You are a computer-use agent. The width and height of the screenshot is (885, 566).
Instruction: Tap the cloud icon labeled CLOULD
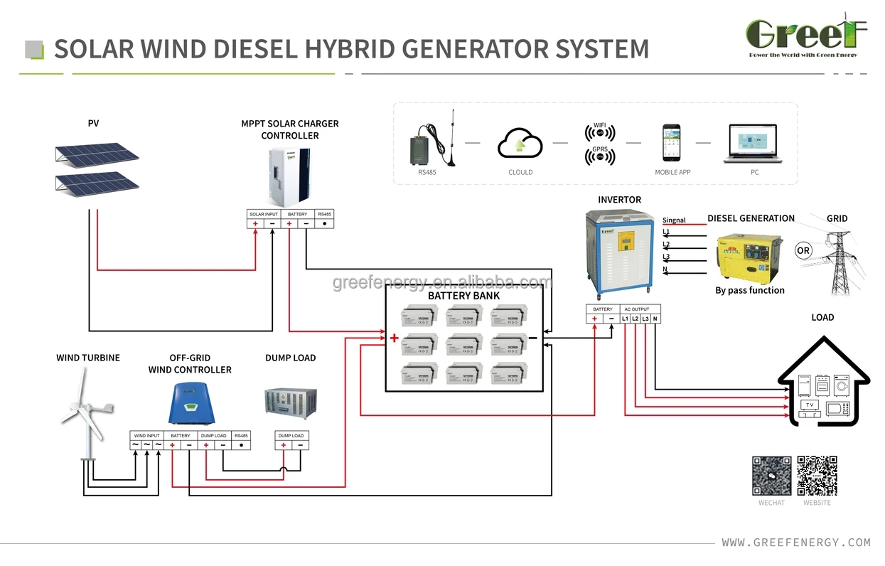coord(520,142)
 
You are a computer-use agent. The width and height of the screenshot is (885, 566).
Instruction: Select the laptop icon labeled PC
coord(755,144)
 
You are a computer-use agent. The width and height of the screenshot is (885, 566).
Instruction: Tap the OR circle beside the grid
coord(803,251)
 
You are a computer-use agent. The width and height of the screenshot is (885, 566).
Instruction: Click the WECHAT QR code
coord(771,476)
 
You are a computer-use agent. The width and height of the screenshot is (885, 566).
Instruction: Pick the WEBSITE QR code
coord(817,476)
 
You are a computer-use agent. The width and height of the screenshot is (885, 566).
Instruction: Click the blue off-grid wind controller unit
coord(190,404)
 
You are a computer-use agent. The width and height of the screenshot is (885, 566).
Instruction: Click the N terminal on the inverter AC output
coord(655,319)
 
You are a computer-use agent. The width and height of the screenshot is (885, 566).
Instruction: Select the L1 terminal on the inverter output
coord(625,319)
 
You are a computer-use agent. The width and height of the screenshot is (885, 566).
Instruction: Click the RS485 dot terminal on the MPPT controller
coord(324,223)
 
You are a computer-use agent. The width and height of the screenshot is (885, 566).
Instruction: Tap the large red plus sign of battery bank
coord(393,338)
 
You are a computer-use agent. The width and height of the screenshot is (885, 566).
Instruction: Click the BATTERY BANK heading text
coord(463,296)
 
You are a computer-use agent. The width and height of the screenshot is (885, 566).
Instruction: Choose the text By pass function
coord(749,290)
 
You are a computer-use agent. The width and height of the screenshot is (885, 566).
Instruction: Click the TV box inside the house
coord(808,405)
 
